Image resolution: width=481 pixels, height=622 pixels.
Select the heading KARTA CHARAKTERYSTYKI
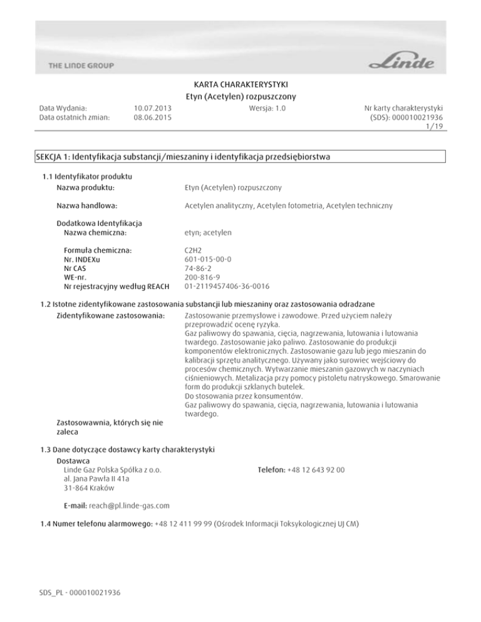[x=241, y=84]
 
